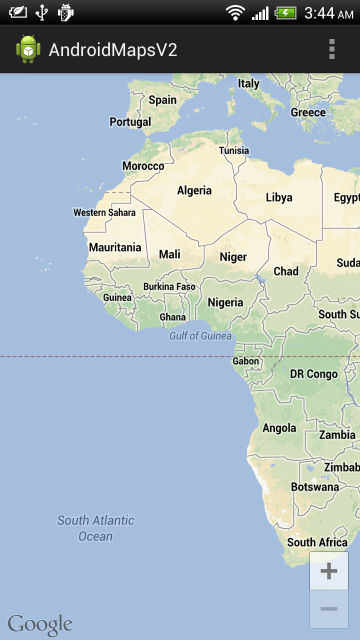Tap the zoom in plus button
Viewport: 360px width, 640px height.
[328, 571]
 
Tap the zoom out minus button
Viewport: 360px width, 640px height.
[328, 609]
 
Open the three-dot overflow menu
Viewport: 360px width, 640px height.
[331, 49]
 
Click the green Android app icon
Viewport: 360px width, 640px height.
[28, 49]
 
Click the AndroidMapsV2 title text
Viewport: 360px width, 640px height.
[113, 50]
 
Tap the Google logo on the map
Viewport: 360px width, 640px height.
[40, 624]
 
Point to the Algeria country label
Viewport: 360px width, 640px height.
[194, 190]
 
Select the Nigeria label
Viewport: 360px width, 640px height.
[225, 302]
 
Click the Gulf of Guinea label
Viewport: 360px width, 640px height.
[200, 336]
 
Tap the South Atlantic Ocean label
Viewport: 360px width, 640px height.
[95, 528]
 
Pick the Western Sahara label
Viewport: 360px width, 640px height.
[104, 212]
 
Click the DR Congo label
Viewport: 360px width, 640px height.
[314, 374]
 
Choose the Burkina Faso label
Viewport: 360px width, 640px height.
[169, 286]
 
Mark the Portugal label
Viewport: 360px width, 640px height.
[130, 122]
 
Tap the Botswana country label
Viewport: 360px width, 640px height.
[315, 487]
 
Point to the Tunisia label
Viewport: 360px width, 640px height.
[234, 150]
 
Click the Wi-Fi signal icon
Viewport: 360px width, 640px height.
[234, 12]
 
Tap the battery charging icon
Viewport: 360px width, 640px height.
[285, 12]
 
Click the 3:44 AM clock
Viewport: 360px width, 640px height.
[328, 13]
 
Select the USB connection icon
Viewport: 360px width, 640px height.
[42, 12]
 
